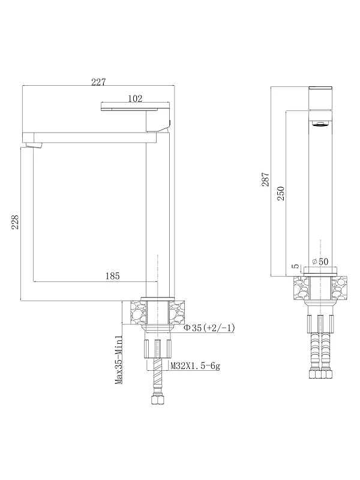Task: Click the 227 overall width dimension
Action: pyautogui.click(x=98, y=82)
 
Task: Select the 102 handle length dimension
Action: pyautogui.click(x=135, y=98)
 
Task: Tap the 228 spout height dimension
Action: pyautogui.click(x=15, y=222)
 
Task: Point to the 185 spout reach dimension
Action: pyautogui.click(x=112, y=276)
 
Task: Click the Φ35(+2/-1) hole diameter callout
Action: pyautogui.click(x=209, y=328)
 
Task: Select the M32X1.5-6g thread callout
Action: pyautogui.click(x=196, y=365)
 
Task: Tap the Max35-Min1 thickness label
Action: pyautogui.click(x=119, y=359)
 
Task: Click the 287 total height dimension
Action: pyautogui.click(x=265, y=179)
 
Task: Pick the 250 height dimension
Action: pyautogui.click(x=281, y=193)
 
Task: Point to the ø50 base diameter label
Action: pyautogui.click(x=320, y=262)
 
